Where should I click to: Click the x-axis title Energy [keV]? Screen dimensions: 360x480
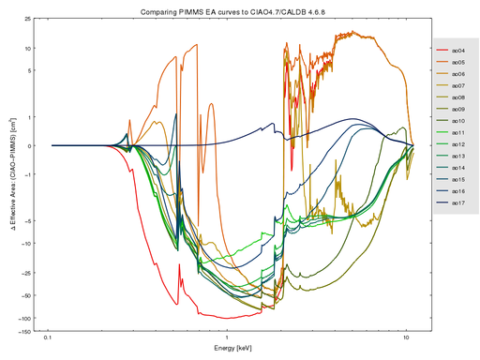click(x=229, y=348)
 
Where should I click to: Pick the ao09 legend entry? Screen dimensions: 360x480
click(x=458, y=109)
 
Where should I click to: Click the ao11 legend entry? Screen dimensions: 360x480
click(x=458, y=133)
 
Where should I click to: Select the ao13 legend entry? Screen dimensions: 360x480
click(x=458, y=157)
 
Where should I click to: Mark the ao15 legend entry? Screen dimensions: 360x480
click(x=458, y=179)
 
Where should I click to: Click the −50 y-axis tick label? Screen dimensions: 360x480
click(x=25, y=296)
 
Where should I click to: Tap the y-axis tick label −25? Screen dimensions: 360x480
click(x=25, y=274)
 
